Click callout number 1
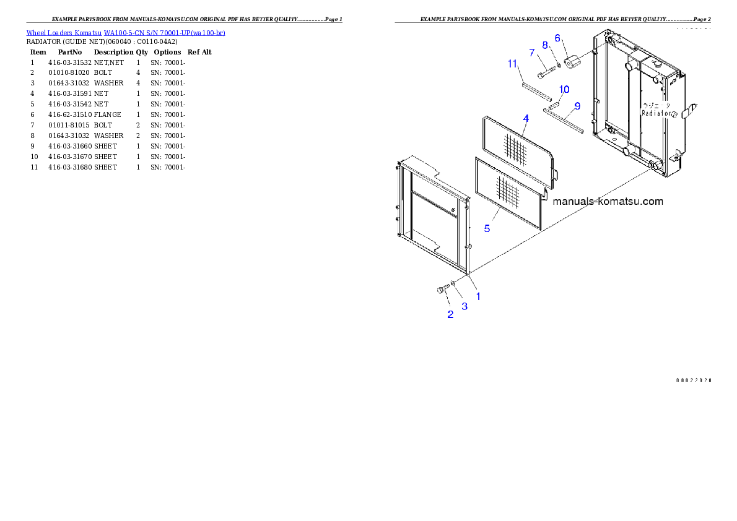(x=478, y=297)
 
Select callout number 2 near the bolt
(x=450, y=314)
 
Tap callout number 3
(x=464, y=306)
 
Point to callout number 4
(x=525, y=118)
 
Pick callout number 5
(x=487, y=229)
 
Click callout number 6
(x=557, y=38)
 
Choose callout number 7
(x=531, y=53)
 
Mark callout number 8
(x=545, y=45)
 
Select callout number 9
(x=577, y=106)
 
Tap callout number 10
(x=564, y=90)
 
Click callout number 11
(x=512, y=63)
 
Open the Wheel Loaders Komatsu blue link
(x=126, y=32)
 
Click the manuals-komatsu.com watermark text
(x=607, y=201)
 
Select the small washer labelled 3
(x=453, y=284)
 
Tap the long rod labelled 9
(x=564, y=120)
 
